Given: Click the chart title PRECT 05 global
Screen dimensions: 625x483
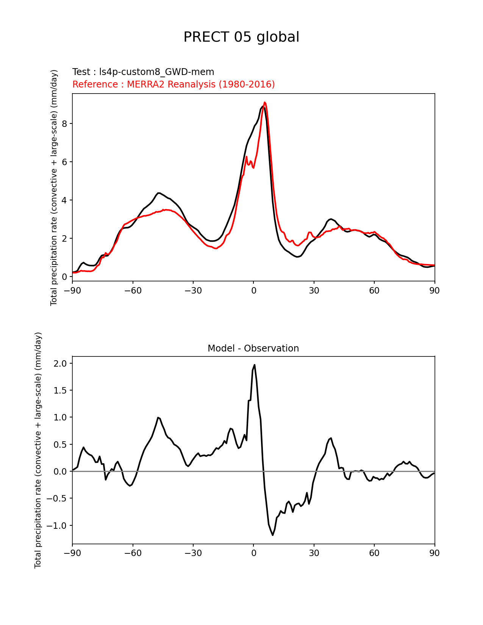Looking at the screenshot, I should point(241,37).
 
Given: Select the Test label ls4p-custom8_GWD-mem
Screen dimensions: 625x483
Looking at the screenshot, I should point(143,72).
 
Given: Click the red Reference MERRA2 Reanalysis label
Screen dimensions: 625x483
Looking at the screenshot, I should point(174,84).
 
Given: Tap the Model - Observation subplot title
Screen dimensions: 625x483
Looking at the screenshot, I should point(253,348).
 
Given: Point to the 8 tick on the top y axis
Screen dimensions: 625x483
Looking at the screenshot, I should point(65,124).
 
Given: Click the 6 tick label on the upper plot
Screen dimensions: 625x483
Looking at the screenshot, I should point(65,162).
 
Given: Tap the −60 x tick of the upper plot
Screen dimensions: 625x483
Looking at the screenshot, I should point(133,291).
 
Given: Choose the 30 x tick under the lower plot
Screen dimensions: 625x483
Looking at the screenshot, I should point(314,553).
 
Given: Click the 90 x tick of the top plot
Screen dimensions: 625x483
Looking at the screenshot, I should point(435,291).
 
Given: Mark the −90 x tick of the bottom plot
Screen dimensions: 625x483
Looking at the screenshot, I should point(72,553).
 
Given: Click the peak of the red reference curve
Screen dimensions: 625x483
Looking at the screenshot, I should point(265,102).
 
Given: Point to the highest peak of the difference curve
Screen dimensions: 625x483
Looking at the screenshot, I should point(255,365).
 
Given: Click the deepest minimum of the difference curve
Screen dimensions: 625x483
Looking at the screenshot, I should point(272,535).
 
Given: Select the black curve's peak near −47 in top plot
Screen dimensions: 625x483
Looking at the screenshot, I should point(159,193).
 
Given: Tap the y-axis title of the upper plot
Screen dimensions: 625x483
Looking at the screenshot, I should point(54,187).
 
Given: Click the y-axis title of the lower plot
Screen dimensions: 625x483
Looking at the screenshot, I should point(38,450).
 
